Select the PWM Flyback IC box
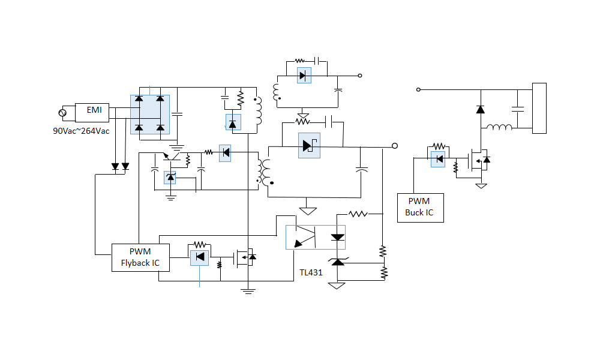(140, 257)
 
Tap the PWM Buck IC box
(420, 208)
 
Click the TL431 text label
(311, 272)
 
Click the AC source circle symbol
(63, 113)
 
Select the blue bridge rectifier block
(150, 114)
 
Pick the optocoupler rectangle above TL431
(315, 237)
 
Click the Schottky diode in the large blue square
(309, 145)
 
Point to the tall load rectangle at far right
(539, 108)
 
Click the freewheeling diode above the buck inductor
(480, 109)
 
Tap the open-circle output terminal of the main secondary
(394, 146)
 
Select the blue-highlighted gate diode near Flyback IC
(200, 257)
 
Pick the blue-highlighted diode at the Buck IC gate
(438, 159)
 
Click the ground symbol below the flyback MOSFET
(247, 291)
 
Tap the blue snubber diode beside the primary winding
(233, 122)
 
